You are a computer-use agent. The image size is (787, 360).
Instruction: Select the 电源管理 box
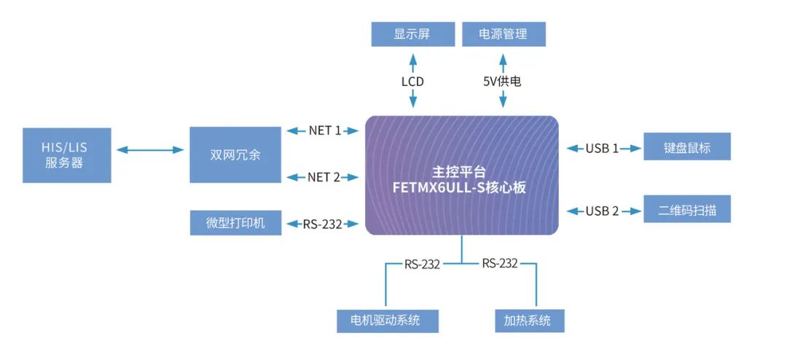point(504,34)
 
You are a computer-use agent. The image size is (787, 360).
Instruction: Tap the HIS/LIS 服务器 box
point(66,155)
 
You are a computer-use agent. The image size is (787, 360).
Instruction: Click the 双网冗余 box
point(235,155)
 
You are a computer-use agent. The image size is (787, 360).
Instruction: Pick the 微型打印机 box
point(235,222)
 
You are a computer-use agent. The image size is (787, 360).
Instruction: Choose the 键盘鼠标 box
point(686,148)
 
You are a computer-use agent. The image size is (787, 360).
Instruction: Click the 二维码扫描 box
point(686,211)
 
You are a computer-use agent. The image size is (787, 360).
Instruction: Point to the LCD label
point(412,82)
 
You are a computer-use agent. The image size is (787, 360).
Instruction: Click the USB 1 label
point(602,149)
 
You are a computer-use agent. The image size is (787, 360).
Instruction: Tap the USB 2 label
point(602,211)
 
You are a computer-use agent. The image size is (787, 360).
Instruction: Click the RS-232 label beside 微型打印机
point(322,224)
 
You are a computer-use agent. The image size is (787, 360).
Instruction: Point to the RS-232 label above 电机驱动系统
point(423,264)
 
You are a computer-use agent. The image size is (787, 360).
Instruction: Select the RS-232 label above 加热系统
point(500,263)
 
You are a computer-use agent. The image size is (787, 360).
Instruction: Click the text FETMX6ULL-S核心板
point(462,187)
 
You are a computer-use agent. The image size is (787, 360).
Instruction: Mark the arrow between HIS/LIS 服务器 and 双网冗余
point(150,150)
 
